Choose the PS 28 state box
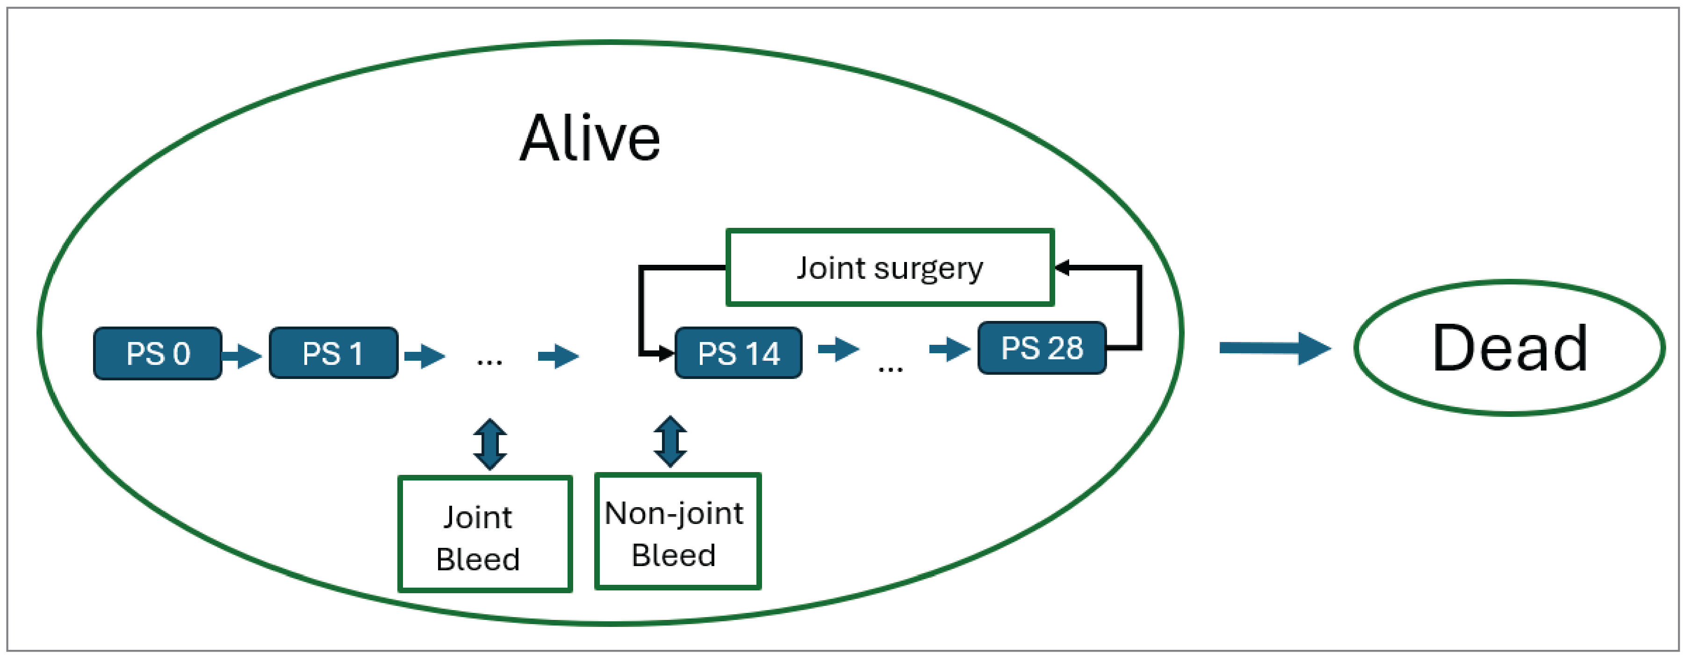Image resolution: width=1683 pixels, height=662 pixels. [1042, 348]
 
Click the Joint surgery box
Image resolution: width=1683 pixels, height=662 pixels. [890, 267]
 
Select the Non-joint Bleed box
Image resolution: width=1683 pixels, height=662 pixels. [677, 532]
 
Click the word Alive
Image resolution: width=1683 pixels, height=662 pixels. [590, 138]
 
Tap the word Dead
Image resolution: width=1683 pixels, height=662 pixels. [1509, 349]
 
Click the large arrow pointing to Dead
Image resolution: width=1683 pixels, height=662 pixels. [1274, 349]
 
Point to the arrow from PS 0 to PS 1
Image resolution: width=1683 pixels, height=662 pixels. [242, 356]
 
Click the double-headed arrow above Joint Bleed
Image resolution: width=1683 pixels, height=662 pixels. [490, 444]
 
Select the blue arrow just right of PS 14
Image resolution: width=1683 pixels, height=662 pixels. [839, 349]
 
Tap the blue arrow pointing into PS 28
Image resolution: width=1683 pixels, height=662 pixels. [950, 349]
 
